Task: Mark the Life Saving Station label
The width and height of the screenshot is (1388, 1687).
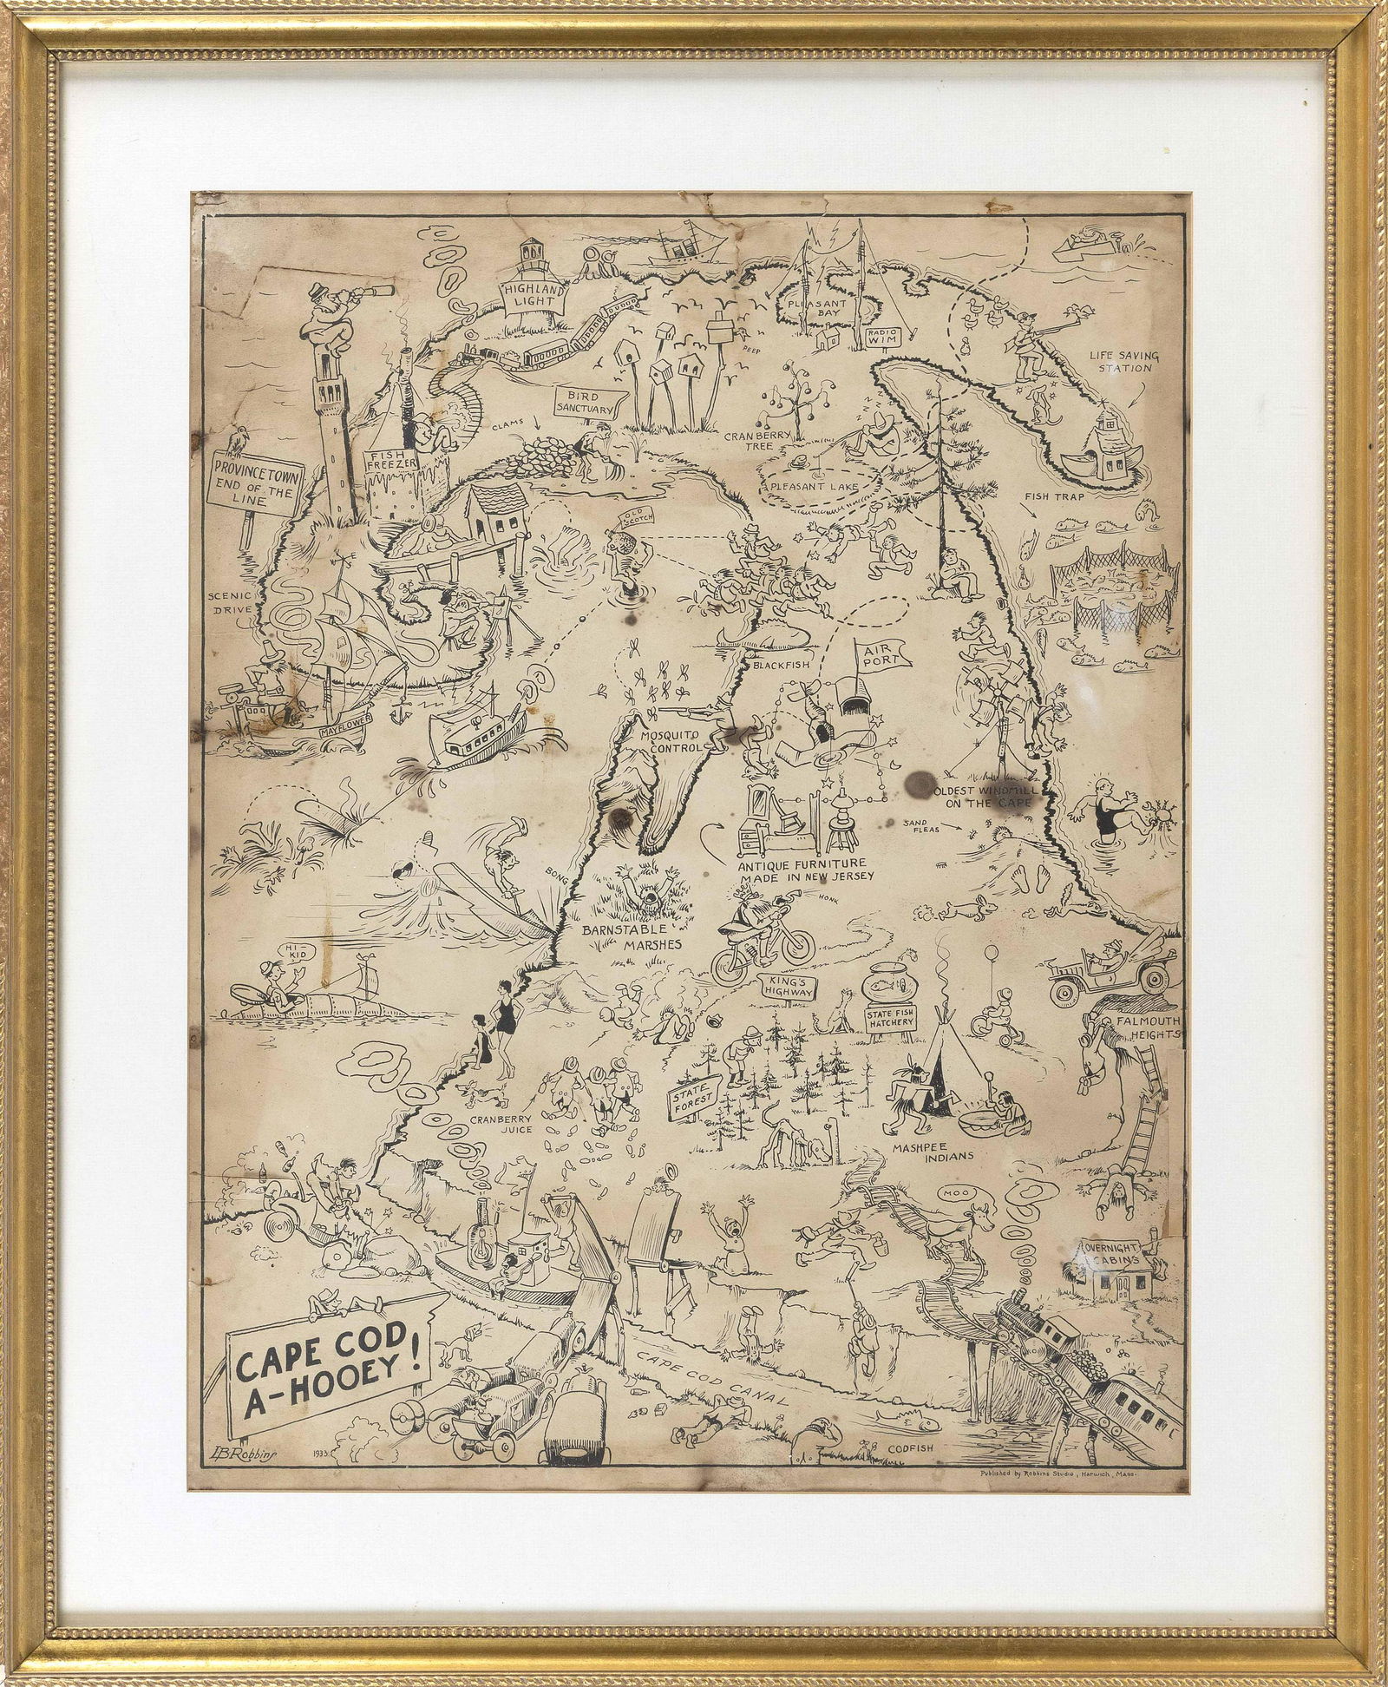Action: (x=1123, y=358)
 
